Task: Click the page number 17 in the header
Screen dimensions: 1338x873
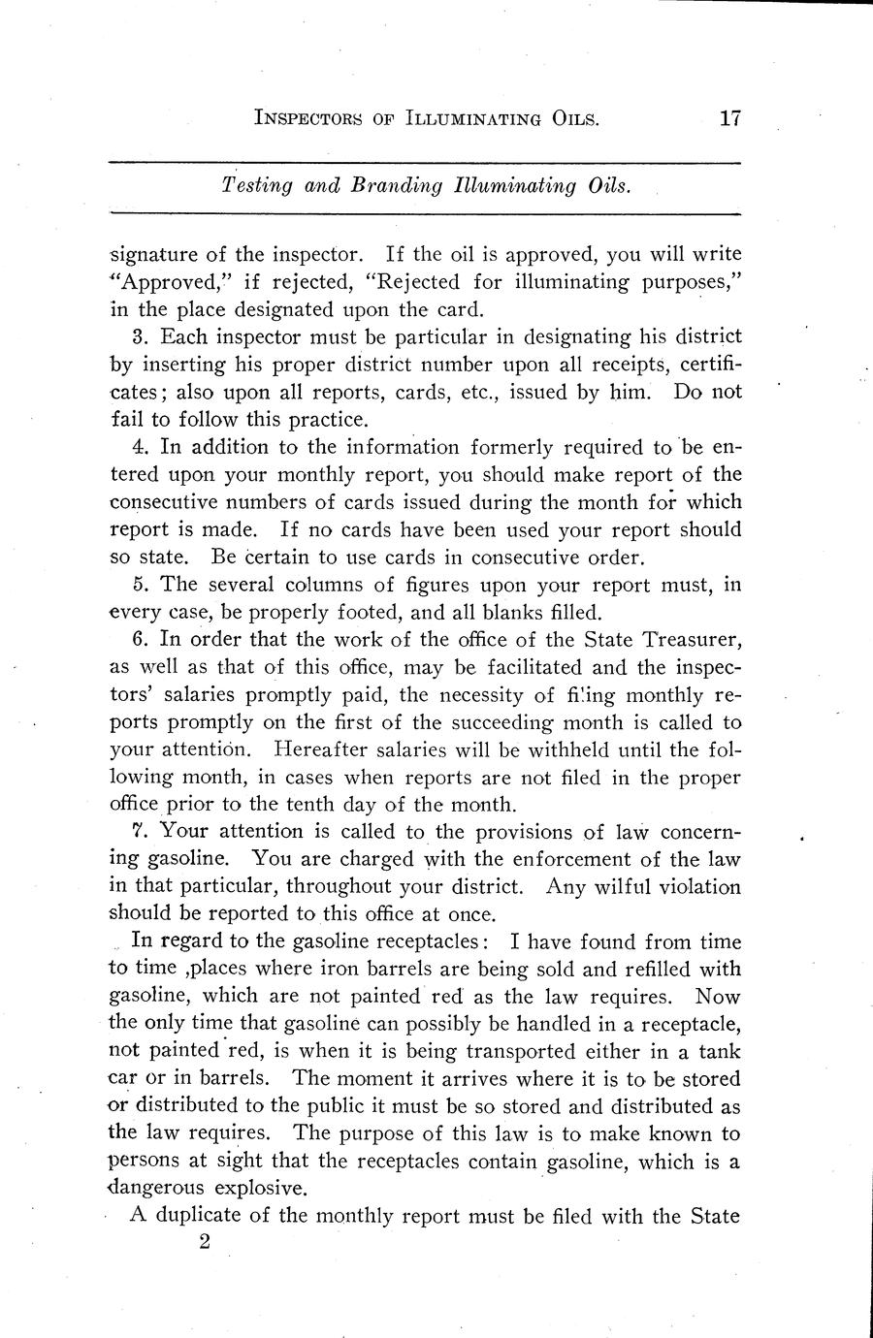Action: [x=730, y=118]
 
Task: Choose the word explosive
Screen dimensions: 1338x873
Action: [x=261, y=1188]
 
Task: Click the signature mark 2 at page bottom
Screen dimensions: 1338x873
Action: [x=204, y=1243]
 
